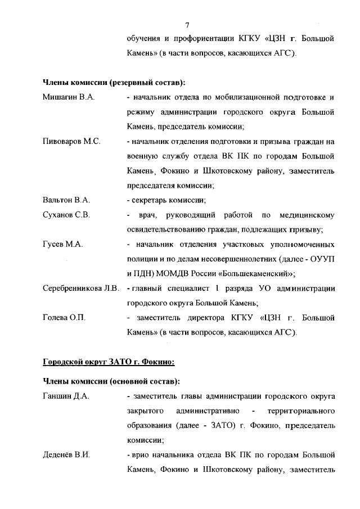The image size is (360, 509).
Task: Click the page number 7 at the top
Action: pos(187,25)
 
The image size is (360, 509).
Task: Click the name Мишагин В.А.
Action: pos(68,97)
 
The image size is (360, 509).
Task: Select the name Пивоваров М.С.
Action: pos(71,141)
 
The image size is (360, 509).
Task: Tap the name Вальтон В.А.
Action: pos(66,200)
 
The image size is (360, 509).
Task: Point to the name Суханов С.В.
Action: pos(66,214)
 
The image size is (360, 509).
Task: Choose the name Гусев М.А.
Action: pos(63,244)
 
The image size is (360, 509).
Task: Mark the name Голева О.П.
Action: pos(64,318)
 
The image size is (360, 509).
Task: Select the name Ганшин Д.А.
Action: pos(66,397)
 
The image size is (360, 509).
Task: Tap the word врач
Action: pos(146,215)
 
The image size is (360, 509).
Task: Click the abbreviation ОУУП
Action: pos(324,259)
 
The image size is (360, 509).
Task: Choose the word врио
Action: pos(141,455)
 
